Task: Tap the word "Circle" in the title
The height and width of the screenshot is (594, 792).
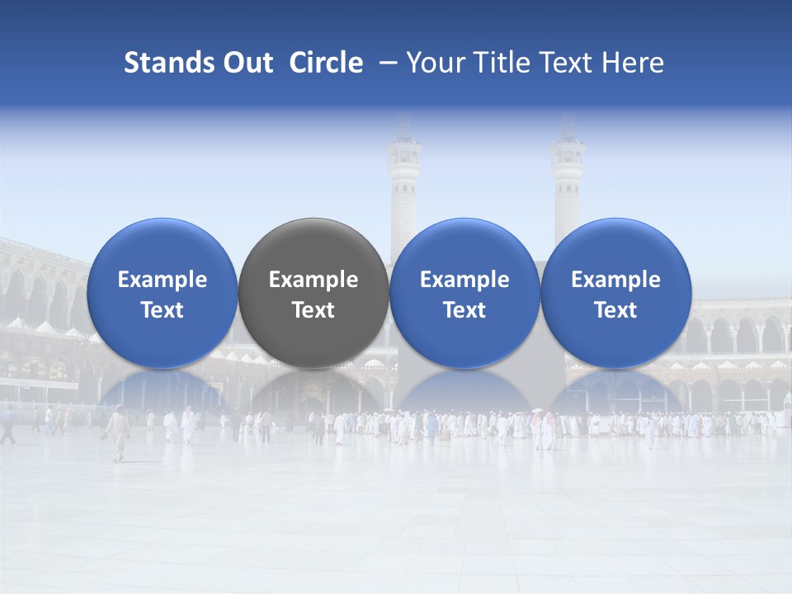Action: [x=326, y=63]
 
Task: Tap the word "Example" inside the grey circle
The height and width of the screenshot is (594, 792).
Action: [x=313, y=280]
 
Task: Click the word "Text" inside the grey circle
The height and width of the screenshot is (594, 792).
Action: [x=313, y=310]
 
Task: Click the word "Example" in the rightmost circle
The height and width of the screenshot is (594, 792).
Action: [x=615, y=280]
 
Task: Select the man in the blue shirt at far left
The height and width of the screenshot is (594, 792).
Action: [x=8, y=424]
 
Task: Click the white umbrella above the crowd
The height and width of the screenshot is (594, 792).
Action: [x=538, y=410]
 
